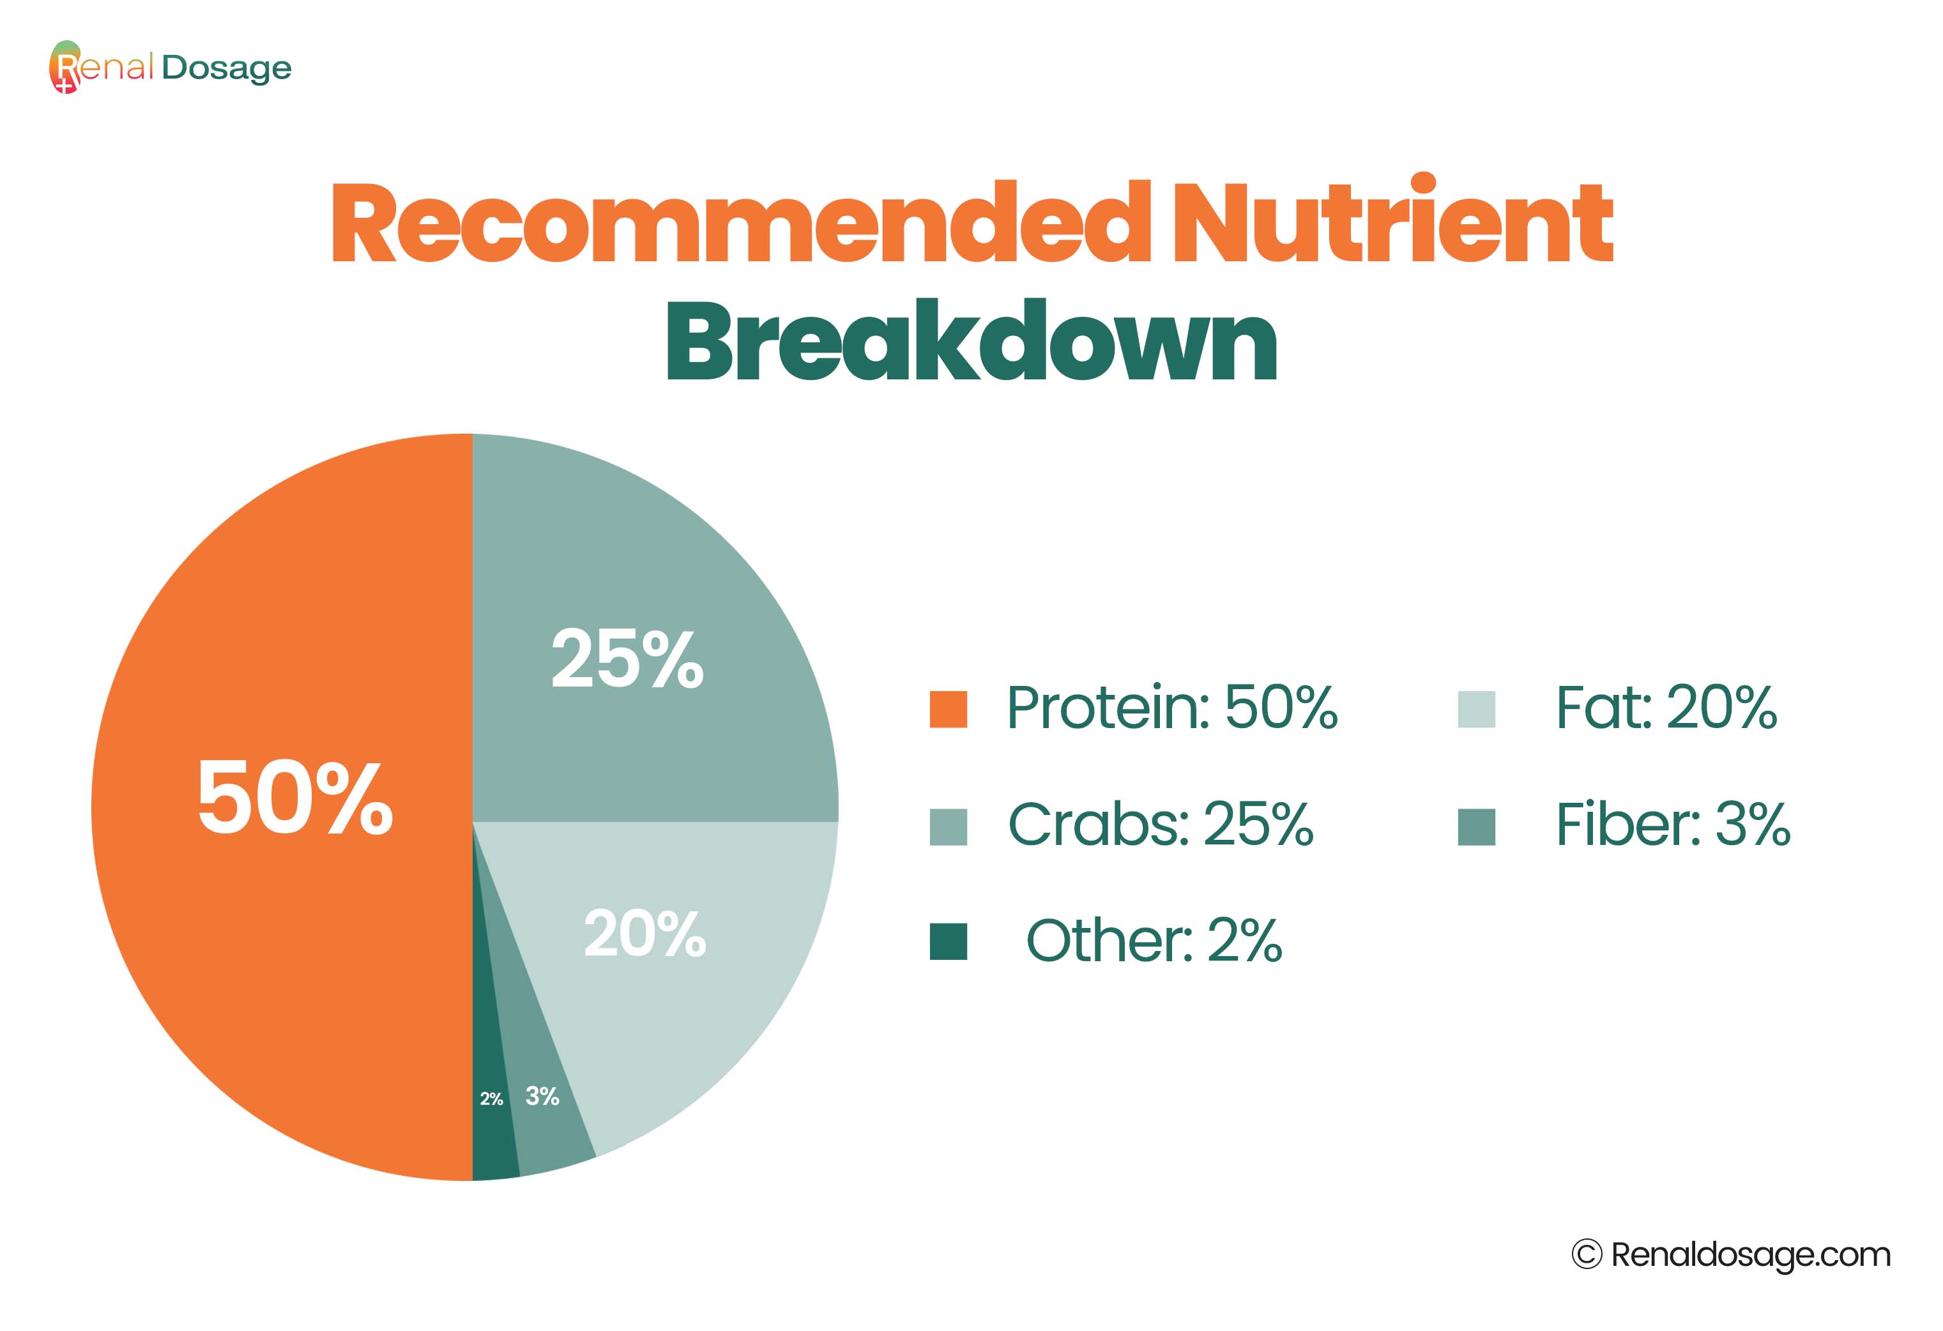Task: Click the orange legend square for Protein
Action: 948,709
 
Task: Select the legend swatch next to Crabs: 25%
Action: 948,827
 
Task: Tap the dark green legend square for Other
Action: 948,941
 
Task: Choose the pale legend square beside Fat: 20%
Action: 1477,709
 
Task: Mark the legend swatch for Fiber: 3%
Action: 1477,827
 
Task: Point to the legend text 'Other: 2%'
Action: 1154,941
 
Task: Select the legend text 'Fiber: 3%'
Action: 1672,825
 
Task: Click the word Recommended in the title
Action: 741,222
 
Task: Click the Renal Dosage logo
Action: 171,67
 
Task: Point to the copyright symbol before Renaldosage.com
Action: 1586,1254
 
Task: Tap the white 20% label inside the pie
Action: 644,933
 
